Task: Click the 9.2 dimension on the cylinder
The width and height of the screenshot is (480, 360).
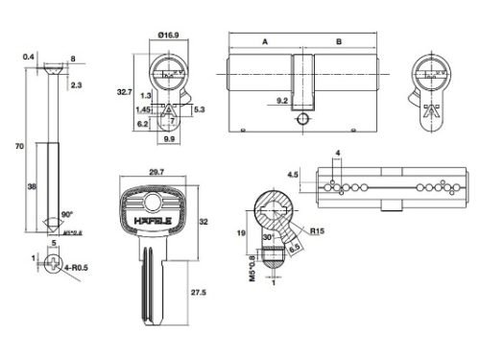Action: click(x=284, y=100)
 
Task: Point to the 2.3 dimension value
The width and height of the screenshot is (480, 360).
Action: click(x=79, y=85)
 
